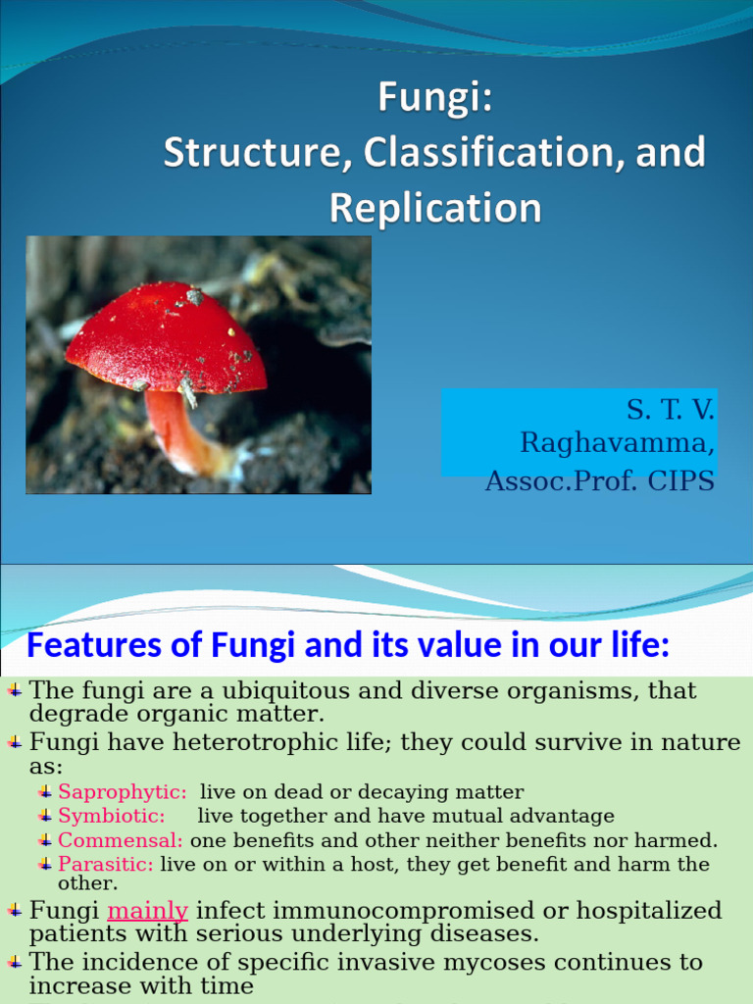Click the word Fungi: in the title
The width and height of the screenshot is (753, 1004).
coord(434,99)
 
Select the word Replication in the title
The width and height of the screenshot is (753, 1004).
coord(434,208)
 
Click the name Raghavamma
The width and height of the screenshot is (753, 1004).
coord(617,443)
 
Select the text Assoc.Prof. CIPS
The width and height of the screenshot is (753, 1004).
coord(599,482)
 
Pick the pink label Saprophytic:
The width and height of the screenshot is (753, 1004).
coord(123,792)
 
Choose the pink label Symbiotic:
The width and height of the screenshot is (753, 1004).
coord(112,816)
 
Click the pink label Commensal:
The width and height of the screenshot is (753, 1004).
coord(121,840)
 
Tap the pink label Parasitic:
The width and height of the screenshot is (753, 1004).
coord(106,864)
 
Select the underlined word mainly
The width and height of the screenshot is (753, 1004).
coord(147,911)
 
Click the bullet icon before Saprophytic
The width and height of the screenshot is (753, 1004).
coord(45,791)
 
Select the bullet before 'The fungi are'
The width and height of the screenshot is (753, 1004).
coord(15,690)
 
